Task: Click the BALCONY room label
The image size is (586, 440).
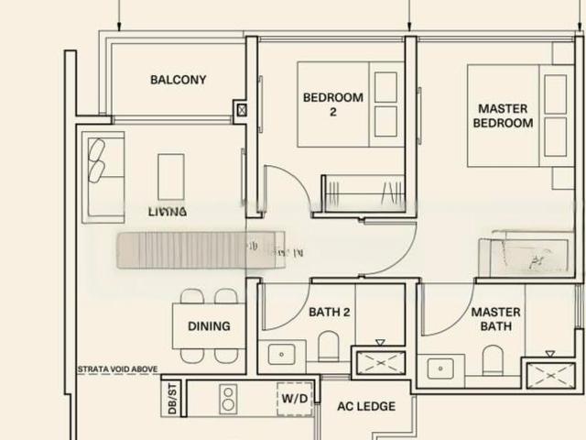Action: click(178, 80)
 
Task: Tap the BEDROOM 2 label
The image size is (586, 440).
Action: click(333, 104)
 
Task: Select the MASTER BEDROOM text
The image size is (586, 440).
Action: click(504, 115)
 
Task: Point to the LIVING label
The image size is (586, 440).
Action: click(168, 211)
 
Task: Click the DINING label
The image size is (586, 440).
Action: click(209, 326)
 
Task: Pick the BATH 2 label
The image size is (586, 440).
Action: click(330, 313)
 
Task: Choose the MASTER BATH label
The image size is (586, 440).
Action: click(495, 319)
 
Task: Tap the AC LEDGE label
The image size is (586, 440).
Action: click(366, 406)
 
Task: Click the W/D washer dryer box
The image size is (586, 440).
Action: click(295, 400)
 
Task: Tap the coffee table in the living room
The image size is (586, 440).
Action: click(171, 175)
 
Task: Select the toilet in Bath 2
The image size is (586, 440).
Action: click(329, 346)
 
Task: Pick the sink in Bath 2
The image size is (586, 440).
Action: click(280, 354)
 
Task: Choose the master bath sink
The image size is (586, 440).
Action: click(441, 369)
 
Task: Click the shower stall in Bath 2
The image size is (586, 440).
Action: click(379, 361)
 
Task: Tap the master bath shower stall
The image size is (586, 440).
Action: click(548, 374)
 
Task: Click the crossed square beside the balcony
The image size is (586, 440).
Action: click(241, 110)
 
